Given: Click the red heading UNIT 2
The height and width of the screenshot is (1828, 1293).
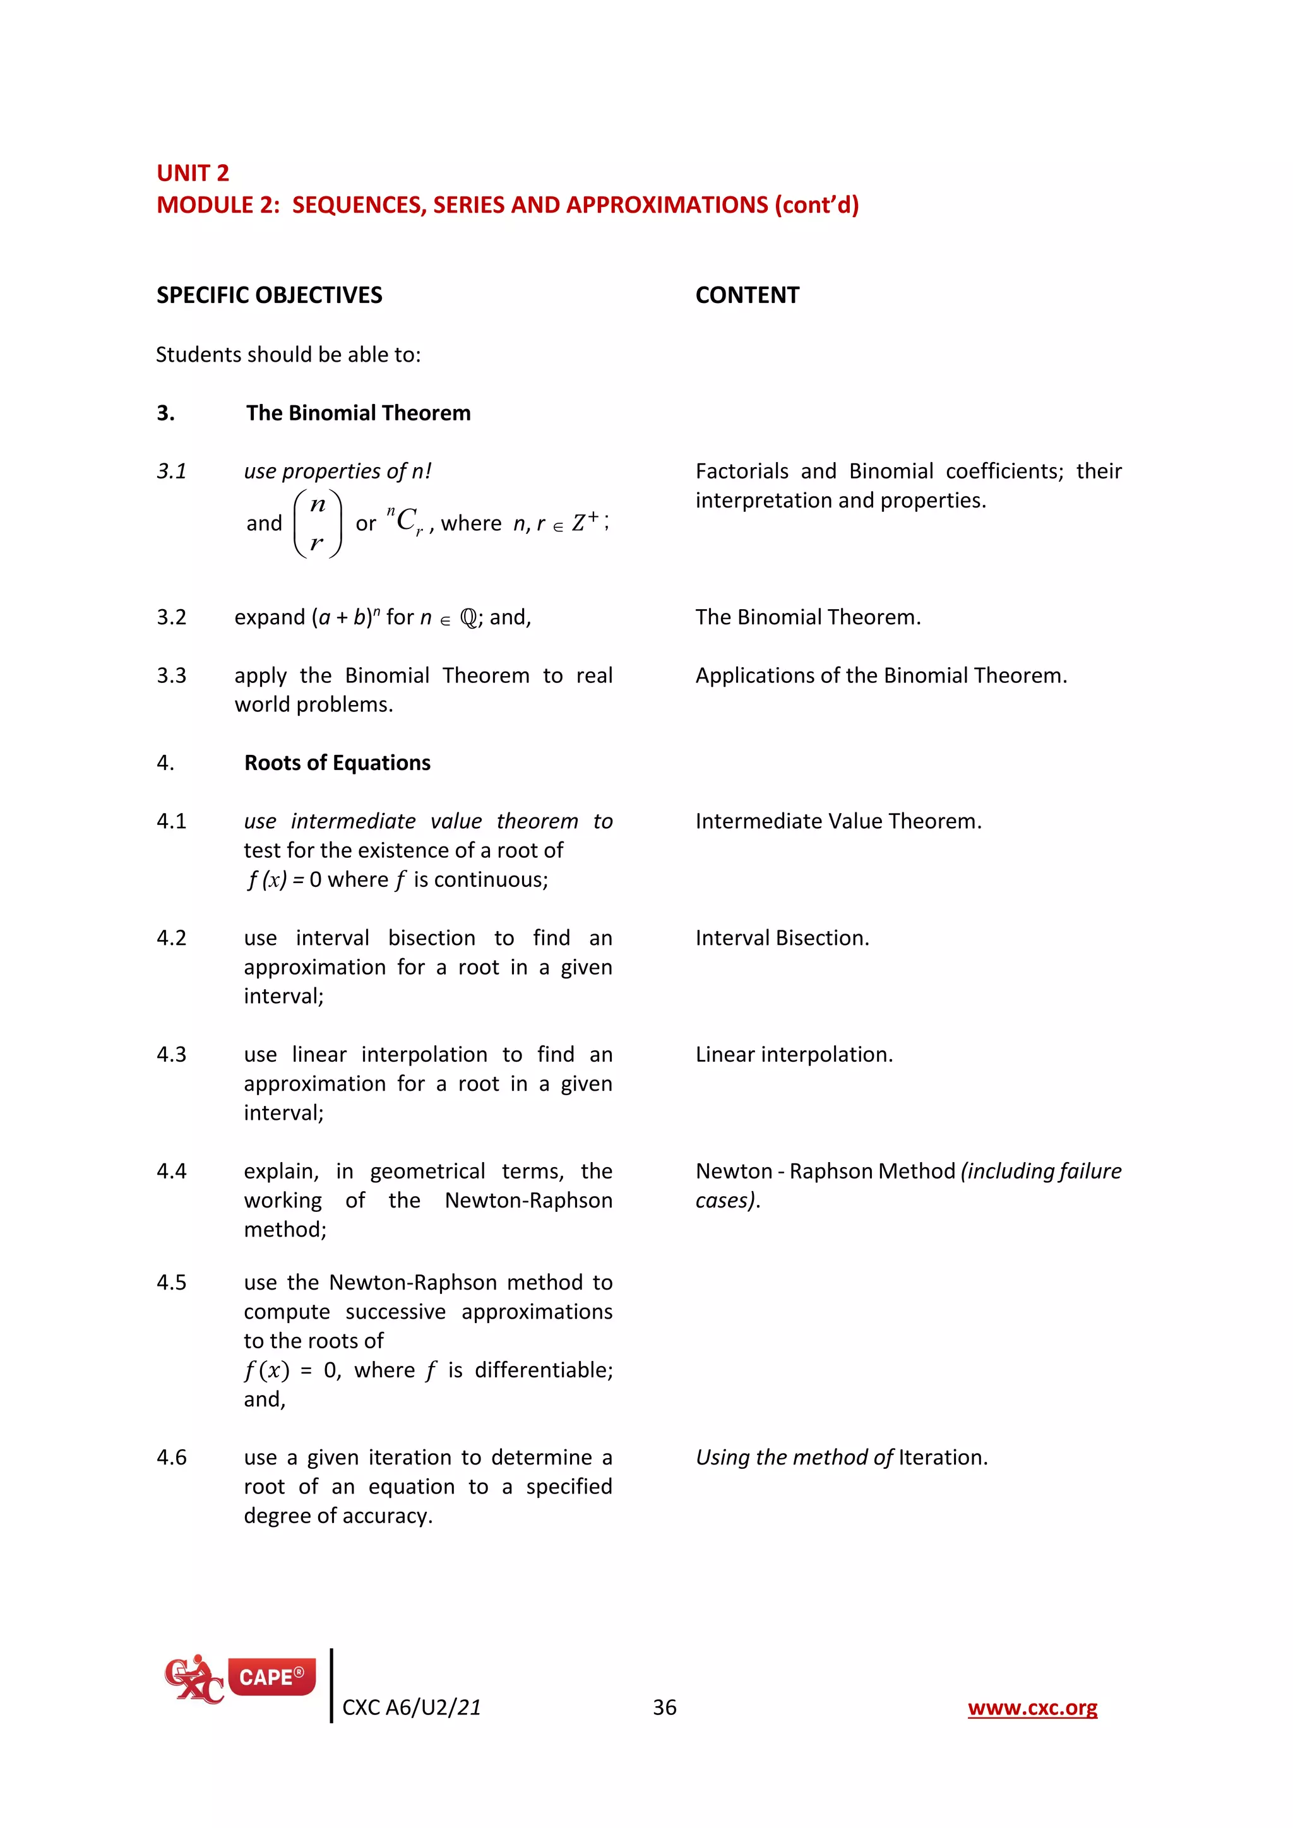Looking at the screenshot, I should tap(193, 173).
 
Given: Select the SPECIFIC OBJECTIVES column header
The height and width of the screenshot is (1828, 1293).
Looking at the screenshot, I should tap(269, 295).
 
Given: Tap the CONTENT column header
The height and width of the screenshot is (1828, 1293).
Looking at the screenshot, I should tap(747, 295).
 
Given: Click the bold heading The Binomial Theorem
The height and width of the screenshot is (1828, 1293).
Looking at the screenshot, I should tap(357, 413).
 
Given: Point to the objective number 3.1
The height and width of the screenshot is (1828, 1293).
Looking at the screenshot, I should tap(171, 472).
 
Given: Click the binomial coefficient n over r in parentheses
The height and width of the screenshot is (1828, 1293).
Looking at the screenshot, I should tap(318, 524).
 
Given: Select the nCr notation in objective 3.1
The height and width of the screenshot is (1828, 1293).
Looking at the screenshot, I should tap(405, 521).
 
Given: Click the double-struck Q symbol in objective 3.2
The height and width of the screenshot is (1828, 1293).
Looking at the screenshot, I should tap(469, 619).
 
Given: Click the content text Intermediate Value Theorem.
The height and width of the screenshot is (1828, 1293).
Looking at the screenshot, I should tap(838, 822).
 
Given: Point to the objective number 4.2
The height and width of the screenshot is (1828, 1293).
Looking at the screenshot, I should tap(171, 938).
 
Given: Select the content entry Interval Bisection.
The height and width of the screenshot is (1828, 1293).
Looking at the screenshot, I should tap(782, 938).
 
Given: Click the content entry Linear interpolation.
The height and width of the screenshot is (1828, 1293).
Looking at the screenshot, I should tap(794, 1055).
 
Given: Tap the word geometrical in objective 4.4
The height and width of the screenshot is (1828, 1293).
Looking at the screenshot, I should tap(427, 1172).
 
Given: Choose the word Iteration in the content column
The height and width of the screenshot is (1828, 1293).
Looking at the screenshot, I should tap(942, 1457).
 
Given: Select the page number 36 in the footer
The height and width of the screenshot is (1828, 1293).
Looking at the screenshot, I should tap(664, 1708).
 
